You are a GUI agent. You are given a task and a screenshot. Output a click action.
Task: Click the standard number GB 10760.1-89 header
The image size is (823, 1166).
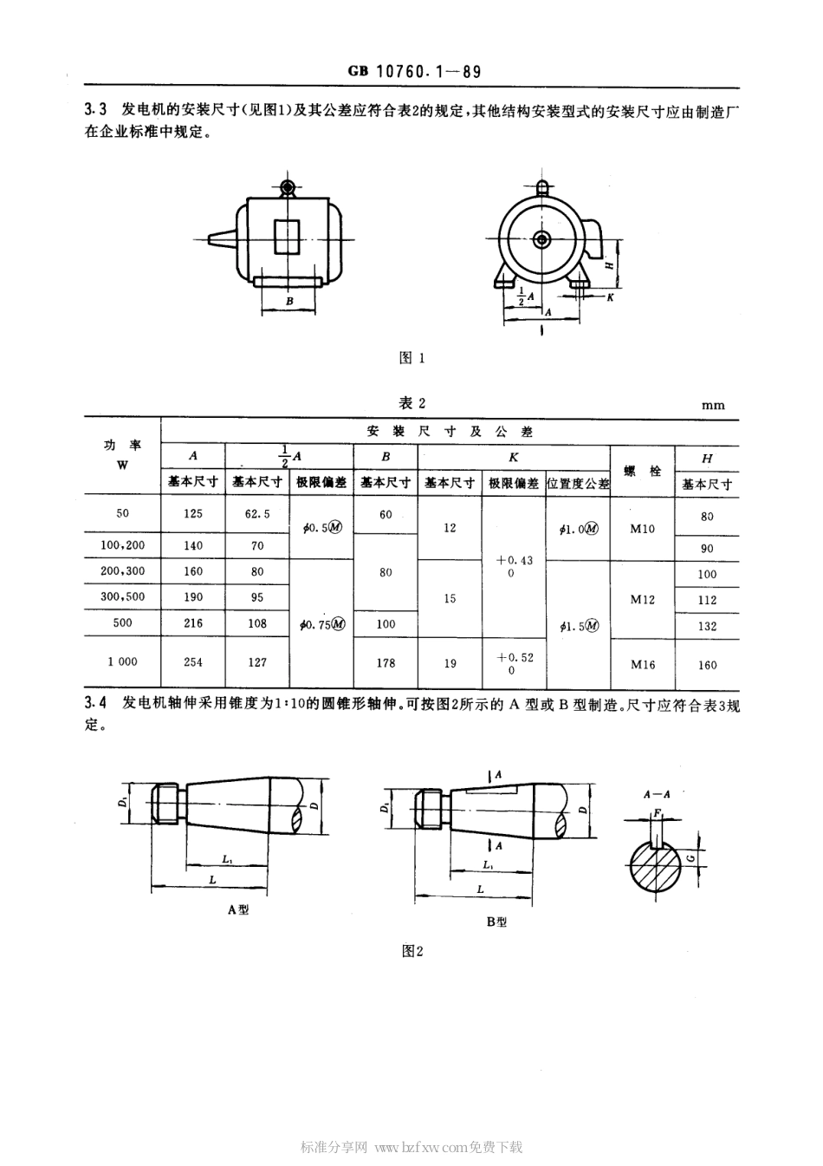click(x=414, y=73)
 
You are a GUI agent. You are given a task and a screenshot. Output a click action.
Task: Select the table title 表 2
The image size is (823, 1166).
click(x=411, y=403)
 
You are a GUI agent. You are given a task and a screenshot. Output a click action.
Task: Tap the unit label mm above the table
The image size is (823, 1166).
click(x=713, y=405)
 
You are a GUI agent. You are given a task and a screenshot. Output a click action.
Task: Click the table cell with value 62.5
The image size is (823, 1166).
click(x=257, y=513)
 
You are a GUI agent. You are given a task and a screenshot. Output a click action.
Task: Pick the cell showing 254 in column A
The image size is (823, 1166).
click(x=193, y=661)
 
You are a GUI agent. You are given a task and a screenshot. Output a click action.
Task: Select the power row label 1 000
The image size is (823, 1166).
click(x=122, y=661)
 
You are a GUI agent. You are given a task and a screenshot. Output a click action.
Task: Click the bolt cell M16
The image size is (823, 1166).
click(x=643, y=664)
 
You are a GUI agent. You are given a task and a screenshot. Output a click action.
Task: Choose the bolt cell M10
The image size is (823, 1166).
click(x=643, y=528)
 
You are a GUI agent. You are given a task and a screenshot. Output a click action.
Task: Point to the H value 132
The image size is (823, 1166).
click(x=707, y=626)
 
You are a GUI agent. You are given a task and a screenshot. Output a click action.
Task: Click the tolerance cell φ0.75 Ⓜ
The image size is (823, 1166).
click(x=321, y=624)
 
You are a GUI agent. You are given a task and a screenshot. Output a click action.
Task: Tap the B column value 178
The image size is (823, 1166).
click(x=386, y=662)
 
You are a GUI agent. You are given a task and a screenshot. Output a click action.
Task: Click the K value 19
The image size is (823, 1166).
click(x=450, y=663)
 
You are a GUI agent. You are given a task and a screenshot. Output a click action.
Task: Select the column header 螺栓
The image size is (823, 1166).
click(x=643, y=471)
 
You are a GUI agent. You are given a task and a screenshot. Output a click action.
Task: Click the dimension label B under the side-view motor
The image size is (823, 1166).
click(x=289, y=302)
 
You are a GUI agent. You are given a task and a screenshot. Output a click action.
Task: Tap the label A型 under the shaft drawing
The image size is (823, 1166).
click(x=238, y=910)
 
